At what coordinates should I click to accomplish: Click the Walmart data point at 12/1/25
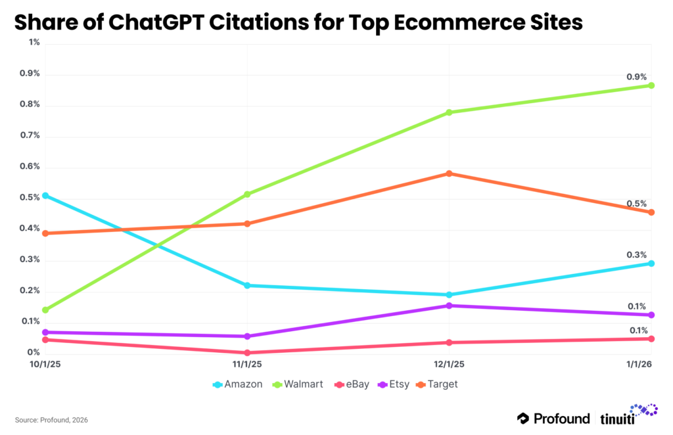pos(449,112)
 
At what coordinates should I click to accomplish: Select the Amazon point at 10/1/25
pos(45,196)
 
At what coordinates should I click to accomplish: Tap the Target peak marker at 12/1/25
pos(449,173)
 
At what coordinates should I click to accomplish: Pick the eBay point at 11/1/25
pos(247,353)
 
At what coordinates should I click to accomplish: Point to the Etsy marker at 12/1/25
pos(449,306)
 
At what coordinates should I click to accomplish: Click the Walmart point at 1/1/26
pos(651,85)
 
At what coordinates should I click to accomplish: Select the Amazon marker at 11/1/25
pos(247,285)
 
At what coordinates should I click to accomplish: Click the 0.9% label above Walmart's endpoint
pos(637,76)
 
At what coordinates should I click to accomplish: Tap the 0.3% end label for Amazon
pos(637,254)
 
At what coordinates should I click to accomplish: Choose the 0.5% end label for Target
pos(637,204)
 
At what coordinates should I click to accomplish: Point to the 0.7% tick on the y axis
pos(30,135)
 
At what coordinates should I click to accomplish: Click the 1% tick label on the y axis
pos(34,42)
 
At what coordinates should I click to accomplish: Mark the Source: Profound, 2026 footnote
pos(51,419)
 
